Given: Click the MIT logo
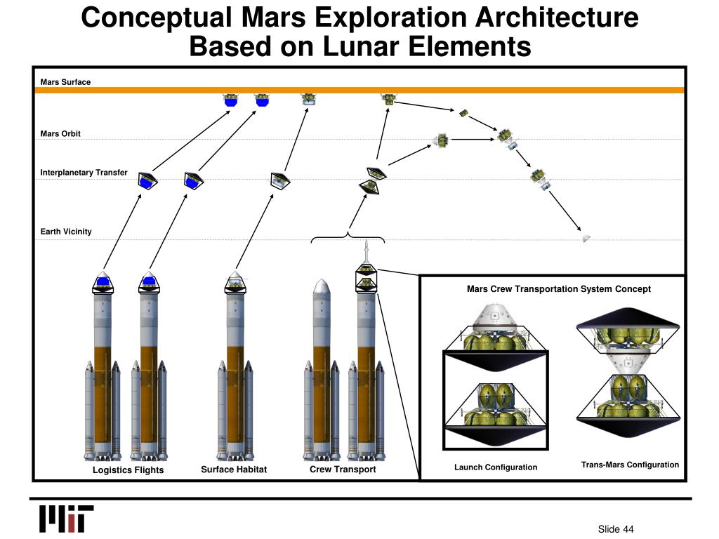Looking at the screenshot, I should (x=66, y=519).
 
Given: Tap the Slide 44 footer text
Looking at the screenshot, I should (x=616, y=529).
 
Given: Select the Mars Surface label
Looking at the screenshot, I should (x=65, y=82).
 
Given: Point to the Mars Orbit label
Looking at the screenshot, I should (x=60, y=133).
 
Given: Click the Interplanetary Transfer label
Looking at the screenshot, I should (x=84, y=172).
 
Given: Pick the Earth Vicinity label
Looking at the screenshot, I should (x=66, y=232).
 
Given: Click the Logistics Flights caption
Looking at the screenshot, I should (x=128, y=470).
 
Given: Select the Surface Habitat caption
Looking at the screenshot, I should (x=234, y=470).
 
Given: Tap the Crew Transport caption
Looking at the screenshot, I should (x=343, y=470).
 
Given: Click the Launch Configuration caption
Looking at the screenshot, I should (x=496, y=467).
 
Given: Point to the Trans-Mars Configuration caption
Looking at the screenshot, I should (x=630, y=465).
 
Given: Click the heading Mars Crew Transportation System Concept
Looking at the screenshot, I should (x=559, y=289).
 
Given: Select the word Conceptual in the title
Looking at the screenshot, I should (x=159, y=17).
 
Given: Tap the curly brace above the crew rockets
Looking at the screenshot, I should (x=348, y=237).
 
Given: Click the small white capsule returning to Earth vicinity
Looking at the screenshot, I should (x=586, y=239).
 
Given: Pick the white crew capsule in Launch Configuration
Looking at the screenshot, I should (x=495, y=317).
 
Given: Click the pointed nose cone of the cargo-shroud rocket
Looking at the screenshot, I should (x=321, y=287).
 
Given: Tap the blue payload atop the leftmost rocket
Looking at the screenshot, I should (x=103, y=282).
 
